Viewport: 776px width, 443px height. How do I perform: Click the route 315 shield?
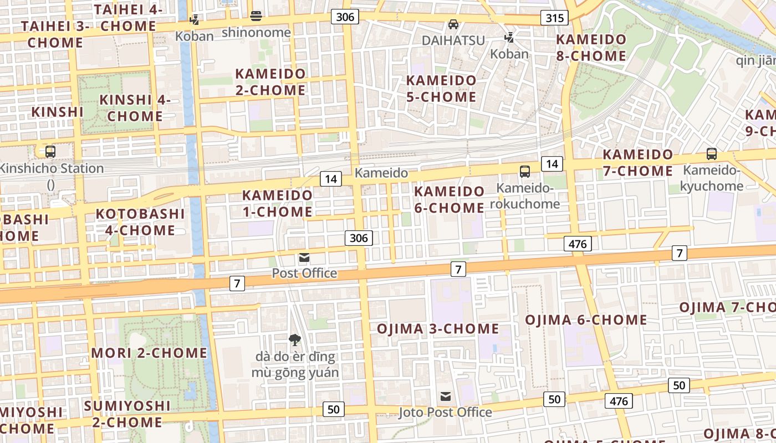(555, 18)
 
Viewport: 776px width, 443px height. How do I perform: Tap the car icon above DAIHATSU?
(453, 24)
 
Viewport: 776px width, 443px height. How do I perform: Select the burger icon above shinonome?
(256, 16)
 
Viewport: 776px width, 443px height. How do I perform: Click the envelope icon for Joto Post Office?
(446, 396)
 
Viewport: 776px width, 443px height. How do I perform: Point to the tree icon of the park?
(295, 339)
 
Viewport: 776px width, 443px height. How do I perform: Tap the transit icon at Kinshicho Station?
(50, 151)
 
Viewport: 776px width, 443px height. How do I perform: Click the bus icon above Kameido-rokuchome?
(525, 172)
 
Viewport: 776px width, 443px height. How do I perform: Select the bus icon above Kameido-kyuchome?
(712, 154)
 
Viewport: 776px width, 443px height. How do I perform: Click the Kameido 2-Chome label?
(270, 82)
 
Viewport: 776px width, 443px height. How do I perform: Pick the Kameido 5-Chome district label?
(441, 89)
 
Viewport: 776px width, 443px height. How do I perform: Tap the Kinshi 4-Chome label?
(135, 108)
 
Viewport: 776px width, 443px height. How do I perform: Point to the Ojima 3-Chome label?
(438, 328)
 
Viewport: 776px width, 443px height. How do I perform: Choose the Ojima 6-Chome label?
(586, 320)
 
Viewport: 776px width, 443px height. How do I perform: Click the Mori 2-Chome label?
(149, 353)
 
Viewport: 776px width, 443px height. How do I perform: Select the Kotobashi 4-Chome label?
(140, 222)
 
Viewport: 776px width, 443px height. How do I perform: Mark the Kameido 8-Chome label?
(591, 48)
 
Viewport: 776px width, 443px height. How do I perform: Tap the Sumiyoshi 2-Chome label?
(127, 414)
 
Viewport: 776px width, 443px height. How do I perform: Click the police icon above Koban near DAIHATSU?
(509, 38)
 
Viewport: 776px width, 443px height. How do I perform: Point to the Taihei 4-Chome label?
(128, 18)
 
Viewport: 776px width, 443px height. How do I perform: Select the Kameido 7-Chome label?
(637, 163)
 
